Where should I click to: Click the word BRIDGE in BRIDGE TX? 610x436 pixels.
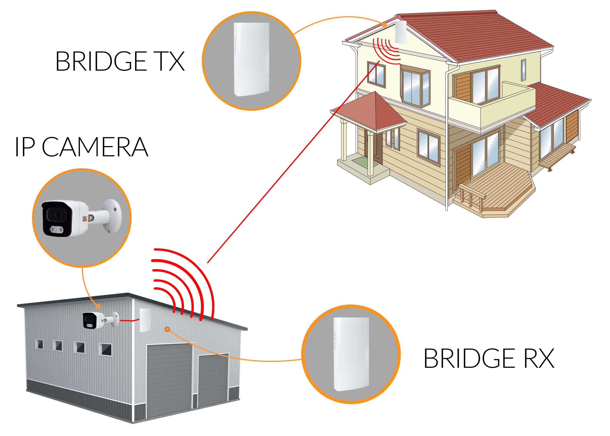point(101,61)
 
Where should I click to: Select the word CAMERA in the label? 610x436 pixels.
point(95,147)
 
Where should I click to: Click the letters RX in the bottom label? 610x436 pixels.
point(539,358)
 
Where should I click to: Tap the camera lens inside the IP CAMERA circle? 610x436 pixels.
point(58,215)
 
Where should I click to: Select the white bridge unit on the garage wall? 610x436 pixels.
point(145,320)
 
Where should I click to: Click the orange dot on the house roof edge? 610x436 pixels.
point(384,25)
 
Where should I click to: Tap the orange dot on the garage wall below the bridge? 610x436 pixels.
point(167,329)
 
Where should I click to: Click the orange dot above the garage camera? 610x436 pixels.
point(98,306)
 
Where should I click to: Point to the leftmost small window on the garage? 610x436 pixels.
point(39,344)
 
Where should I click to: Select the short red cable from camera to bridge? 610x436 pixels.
point(129,320)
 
